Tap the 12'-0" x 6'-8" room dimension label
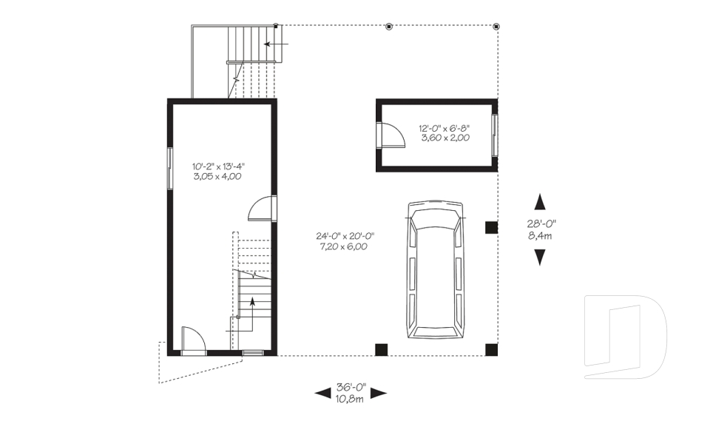click(x=445, y=128)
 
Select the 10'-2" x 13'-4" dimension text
click(x=218, y=166)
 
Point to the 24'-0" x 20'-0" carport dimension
click(x=345, y=235)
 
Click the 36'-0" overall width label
click(x=351, y=388)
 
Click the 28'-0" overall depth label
click(x=541, y=223)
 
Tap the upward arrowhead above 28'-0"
click(x=540, y=202)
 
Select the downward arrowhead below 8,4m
click(x=540, y=257)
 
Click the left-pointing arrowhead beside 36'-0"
click(x=323, y=393)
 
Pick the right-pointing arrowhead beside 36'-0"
click(x=379, y=393)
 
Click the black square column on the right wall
click(x=491, y=227)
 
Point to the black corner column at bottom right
click(x=491, y=350)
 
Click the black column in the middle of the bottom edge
click(x=382, y=350)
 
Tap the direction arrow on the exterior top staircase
click(x=276, y=44)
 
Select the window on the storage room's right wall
click(x=495, y=135)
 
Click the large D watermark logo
click(x=625, y=337)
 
